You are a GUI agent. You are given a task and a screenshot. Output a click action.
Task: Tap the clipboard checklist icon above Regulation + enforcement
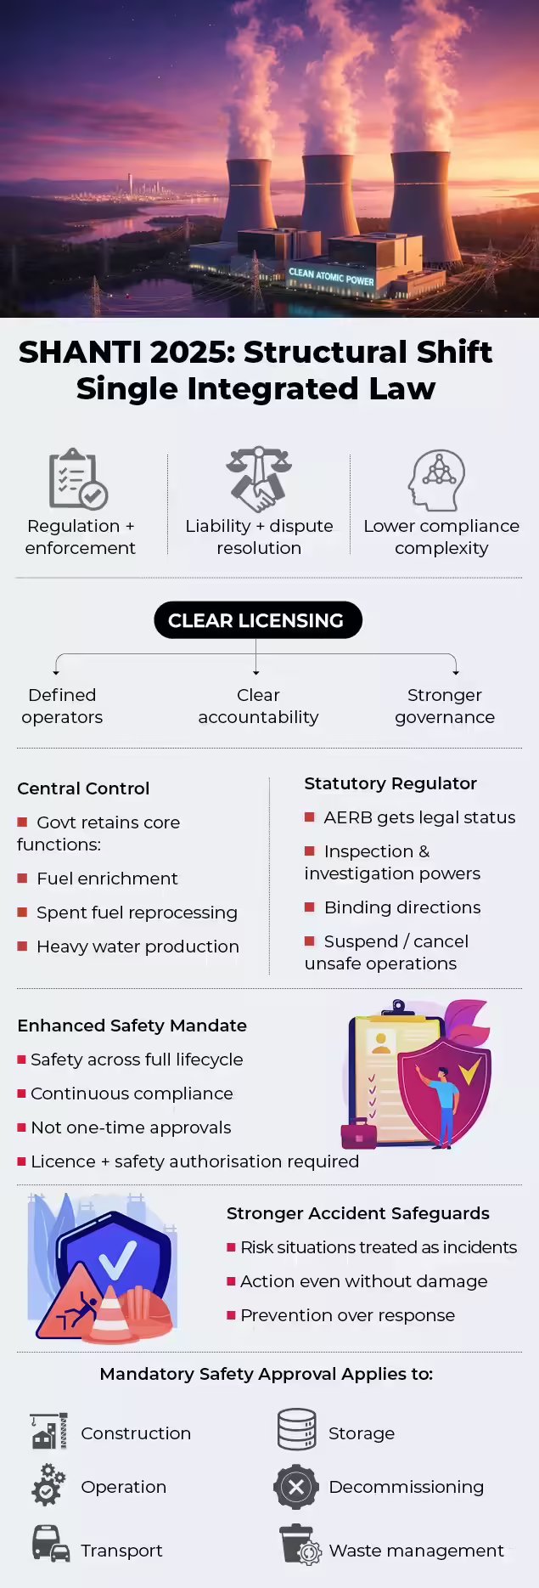78,478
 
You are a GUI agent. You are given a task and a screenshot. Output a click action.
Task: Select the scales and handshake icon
259,478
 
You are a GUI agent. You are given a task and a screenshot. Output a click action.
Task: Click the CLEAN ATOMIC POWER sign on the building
331,276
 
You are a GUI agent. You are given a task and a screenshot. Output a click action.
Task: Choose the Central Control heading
83,788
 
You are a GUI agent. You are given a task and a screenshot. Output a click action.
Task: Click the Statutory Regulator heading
390,783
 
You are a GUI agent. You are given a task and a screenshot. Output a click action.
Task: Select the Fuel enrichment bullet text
107,879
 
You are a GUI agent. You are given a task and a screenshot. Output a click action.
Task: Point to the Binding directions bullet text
402,907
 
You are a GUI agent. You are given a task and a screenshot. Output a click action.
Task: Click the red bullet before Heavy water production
22,947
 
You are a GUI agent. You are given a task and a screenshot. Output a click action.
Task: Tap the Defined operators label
62,706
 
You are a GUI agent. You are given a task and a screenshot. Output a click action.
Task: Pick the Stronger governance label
445,706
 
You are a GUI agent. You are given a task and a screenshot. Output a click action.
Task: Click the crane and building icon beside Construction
48,1432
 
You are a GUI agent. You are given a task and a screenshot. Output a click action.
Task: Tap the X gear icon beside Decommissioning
296,1487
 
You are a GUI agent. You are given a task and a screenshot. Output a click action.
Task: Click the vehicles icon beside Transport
50,1544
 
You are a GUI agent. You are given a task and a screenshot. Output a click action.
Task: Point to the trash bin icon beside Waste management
299,1544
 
